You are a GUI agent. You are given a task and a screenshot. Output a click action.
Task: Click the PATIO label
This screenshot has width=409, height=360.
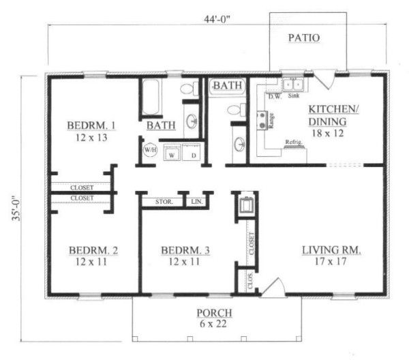pos(303,37)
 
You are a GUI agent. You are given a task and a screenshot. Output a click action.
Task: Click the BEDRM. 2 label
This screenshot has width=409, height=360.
pos(93,250)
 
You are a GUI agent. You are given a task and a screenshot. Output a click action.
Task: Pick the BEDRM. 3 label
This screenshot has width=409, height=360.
pos(185,250)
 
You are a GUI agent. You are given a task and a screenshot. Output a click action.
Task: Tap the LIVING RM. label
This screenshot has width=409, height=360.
pos(331,250)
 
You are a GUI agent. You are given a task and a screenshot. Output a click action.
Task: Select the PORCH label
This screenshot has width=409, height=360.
pos(214,313)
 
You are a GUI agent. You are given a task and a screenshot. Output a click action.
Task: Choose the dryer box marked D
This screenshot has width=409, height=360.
pos(193,153)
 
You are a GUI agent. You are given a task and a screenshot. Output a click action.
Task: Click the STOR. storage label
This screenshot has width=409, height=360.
pos(164,202)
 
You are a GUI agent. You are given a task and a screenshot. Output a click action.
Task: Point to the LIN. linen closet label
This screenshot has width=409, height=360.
pos(197,202)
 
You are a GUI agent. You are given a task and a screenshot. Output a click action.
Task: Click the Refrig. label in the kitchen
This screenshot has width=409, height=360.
pos(294,142)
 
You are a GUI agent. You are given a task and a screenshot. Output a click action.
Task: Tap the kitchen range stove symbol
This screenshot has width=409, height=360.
pos(261,121)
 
